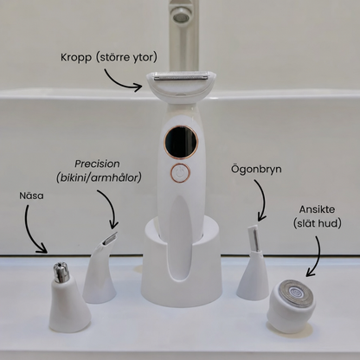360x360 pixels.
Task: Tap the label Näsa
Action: tap(31, 196)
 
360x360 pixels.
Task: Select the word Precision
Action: tap(97, 164)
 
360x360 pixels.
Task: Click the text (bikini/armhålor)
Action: tap(99, 178)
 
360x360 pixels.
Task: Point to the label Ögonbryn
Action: tap(256, 170)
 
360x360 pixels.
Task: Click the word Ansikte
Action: tap(317, 209)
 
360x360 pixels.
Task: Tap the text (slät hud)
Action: tap(318, 223)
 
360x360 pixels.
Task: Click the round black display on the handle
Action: tap(181, 142)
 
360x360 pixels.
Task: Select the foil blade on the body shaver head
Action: tap(181, 75)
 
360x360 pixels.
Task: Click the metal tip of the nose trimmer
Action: tap(61, 273)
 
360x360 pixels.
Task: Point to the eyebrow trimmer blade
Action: tap(254, 238)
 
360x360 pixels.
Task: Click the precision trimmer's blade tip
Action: tap(111, 239)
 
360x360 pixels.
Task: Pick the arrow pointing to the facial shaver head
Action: tap(316, 257)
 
